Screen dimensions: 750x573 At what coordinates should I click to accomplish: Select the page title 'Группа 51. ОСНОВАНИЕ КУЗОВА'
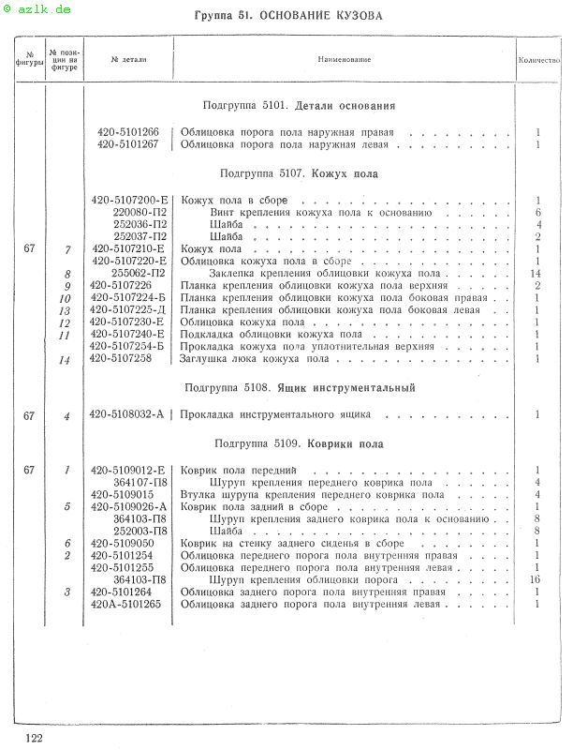[x=288, y=16]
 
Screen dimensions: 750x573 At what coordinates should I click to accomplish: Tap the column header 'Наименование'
[x=344, y=59]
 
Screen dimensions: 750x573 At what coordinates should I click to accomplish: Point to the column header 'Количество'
[x=539, y=59]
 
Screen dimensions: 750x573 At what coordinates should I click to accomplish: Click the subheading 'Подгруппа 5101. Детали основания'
[x=299, y=106]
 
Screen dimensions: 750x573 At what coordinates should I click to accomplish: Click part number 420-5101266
[x=128, y=132]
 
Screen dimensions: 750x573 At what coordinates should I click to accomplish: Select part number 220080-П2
[x=140, y=213]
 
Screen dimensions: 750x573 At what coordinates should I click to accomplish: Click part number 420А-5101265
[x=126, y=605]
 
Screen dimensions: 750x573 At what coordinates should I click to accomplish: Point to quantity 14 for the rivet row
[x=537, y=274]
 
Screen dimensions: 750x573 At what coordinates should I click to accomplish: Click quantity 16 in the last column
[x=537, y=580]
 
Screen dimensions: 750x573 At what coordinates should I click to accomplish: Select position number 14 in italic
[x=66, y=360]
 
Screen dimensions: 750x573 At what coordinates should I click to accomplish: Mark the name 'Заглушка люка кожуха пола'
[x=255, y=359]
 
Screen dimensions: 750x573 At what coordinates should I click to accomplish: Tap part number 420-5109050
[x=122, y=544]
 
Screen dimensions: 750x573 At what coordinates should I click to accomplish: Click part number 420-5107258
[x=122, y=359]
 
